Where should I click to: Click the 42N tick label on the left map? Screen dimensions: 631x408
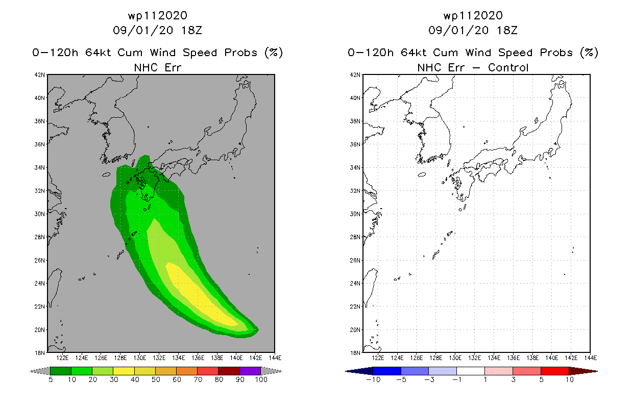(39, 75)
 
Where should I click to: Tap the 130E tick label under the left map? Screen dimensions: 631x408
(140, 358)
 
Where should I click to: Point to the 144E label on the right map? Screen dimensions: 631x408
(591, 358)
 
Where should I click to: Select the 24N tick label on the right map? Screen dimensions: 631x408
(355, 284)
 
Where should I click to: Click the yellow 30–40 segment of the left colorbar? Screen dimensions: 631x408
(124, 371)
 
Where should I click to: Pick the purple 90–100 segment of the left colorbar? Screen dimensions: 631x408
(250, 371)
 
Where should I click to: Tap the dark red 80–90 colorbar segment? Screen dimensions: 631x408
(229, 371)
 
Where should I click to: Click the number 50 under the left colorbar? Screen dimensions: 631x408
(156, 379)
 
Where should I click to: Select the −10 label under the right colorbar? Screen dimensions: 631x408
(373, 379)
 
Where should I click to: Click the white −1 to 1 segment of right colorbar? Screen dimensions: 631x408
(471, 371)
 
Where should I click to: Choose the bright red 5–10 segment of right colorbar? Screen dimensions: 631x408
(555, 371)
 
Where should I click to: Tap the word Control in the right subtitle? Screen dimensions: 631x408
(508, 67)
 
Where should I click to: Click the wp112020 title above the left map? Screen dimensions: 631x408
(158, 15)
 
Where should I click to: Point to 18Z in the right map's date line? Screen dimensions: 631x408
(507, 30)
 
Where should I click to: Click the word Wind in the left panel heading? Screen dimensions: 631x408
(163, 53)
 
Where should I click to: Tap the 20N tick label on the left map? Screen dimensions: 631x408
(39, 330)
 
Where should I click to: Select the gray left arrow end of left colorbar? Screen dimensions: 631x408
(40, 371)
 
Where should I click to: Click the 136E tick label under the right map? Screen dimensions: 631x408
(513, 358)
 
